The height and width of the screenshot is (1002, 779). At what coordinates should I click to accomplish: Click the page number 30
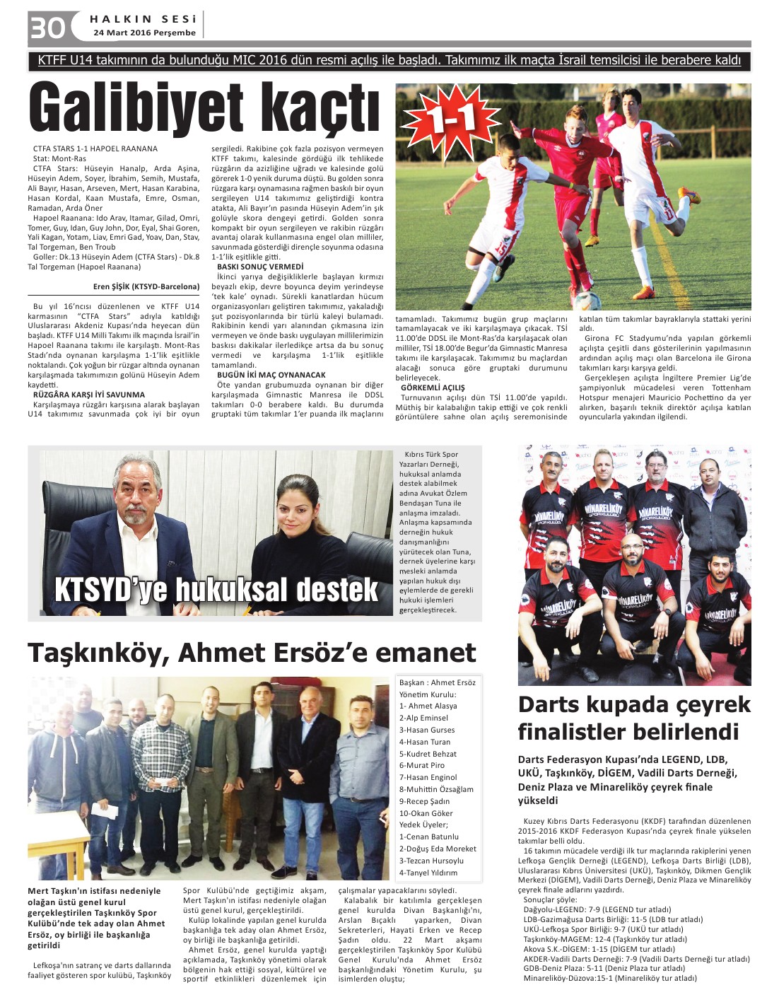click(47, 28)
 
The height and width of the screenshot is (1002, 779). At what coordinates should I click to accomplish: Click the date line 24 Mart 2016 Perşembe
click(144, 33)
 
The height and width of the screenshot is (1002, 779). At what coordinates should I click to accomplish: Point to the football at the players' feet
click(586, 300)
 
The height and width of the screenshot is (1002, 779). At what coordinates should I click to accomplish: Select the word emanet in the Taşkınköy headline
click(425, 652)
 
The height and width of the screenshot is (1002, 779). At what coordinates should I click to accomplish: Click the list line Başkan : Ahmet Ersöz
click(437, 682)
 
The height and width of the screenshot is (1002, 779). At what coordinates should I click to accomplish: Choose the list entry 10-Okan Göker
click(426, 813)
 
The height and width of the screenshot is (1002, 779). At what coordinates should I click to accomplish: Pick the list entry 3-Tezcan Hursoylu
click(431, 861)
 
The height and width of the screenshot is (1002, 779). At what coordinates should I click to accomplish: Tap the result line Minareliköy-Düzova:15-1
click(609, 979)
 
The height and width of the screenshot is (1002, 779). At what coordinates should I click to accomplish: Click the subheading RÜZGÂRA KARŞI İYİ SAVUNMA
click(89, 395)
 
